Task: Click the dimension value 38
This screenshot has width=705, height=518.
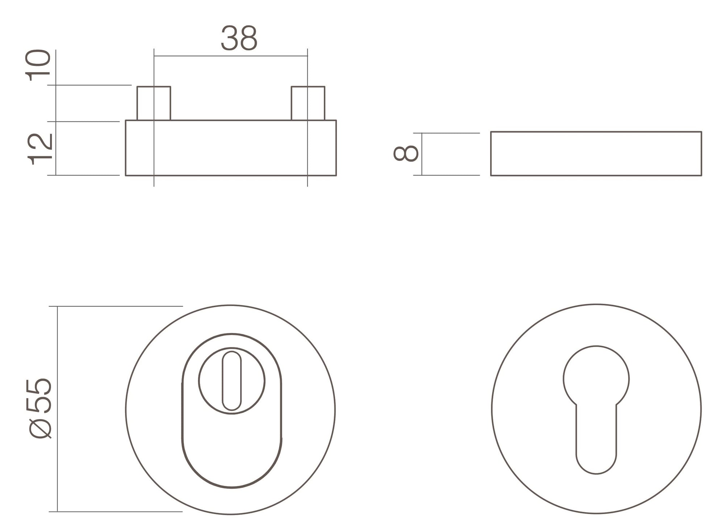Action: point(239,38)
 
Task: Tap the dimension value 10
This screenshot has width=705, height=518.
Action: point(38,65)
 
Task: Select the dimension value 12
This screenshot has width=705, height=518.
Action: point(40,149)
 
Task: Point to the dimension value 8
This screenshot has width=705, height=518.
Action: point(406,153)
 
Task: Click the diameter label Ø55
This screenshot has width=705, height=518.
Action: point(40,408)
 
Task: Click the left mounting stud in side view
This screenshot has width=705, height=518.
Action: point(154,103)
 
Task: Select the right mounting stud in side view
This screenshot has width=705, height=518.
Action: point(308,103)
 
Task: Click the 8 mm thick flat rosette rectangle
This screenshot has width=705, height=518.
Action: point(596,154)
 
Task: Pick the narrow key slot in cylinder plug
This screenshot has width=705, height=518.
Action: point(231,381)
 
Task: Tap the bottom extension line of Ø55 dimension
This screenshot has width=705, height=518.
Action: point(116,511)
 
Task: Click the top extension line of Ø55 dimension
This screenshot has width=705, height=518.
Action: point(116,306)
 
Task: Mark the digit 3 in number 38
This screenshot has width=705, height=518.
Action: point(229,38)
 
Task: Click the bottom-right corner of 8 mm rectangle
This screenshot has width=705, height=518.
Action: point(701,175)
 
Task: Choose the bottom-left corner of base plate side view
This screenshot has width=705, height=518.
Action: point(126,175)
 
